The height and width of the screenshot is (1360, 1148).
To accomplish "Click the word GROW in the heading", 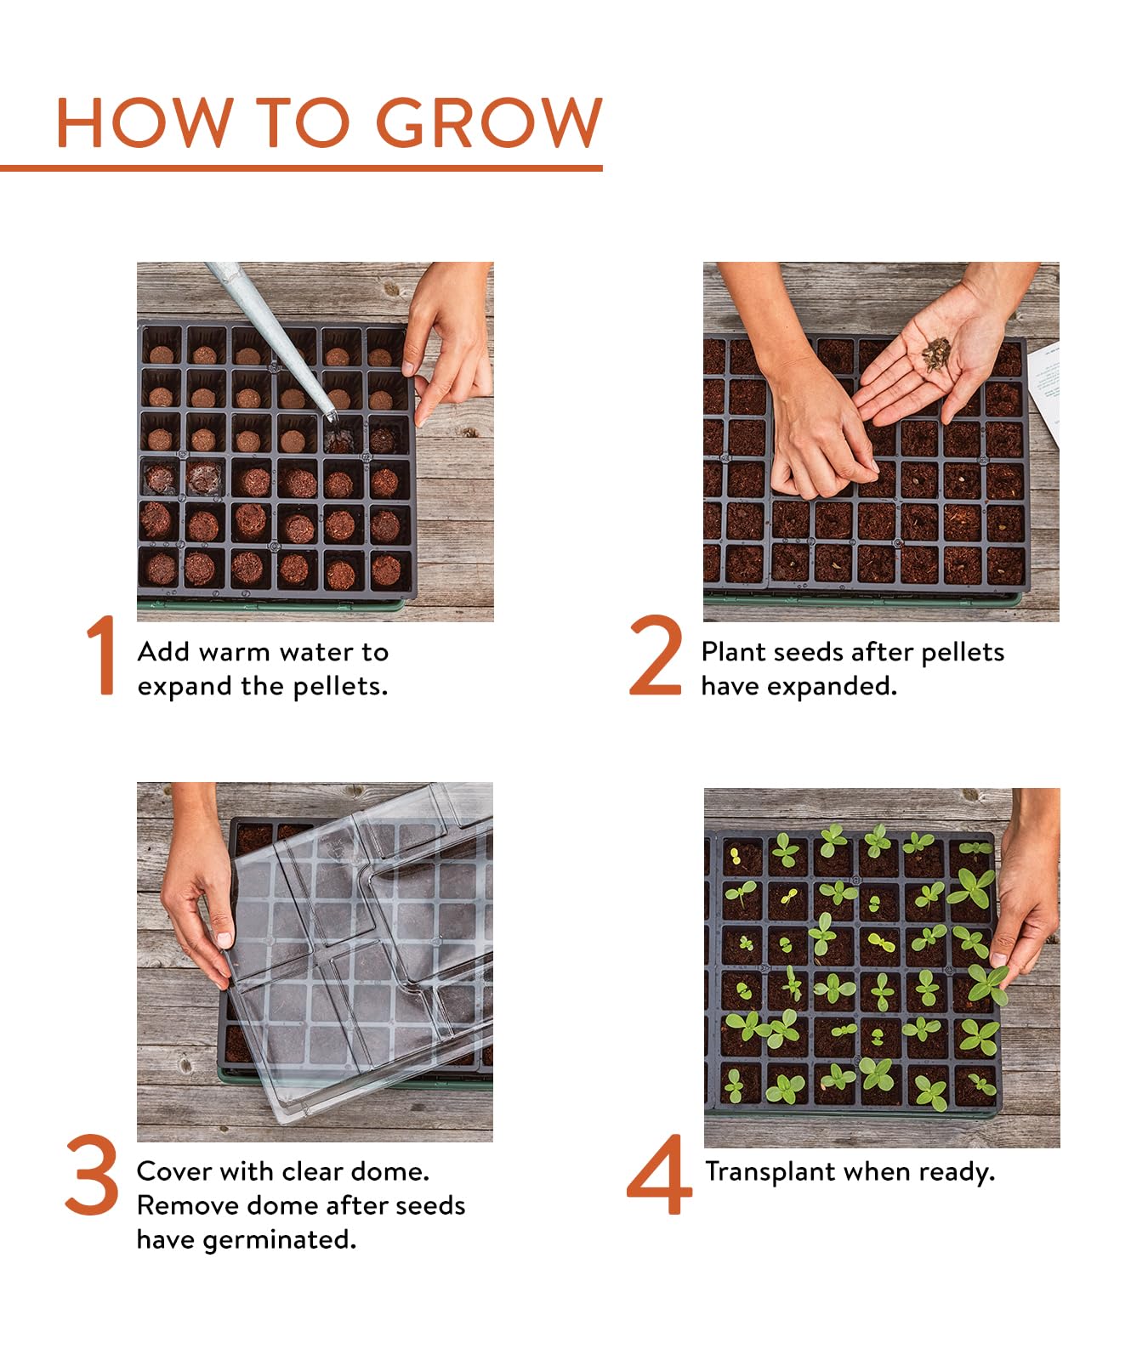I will coord(489,122).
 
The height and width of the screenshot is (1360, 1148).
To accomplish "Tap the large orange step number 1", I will coord(102,655).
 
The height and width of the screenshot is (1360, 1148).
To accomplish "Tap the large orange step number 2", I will coord(655,655).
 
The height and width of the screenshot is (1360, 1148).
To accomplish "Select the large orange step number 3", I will coord(92,1175).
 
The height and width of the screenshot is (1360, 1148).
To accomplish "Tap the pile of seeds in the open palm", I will coord(936,354).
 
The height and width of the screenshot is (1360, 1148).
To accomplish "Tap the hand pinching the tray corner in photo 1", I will coord(446,340).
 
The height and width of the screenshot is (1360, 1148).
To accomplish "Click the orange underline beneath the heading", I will coord(301,168).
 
